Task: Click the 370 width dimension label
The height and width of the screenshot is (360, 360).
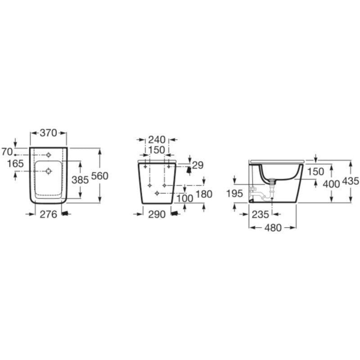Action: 48,133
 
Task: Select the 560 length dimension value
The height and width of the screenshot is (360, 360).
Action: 99,176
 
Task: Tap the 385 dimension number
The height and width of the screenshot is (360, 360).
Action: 80,180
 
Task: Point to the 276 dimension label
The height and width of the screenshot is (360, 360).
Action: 49,215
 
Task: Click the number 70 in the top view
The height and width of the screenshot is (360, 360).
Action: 7,152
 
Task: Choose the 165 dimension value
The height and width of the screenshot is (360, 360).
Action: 15,164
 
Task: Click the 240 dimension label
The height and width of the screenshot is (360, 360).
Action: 157,139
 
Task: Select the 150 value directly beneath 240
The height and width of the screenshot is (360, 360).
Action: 157,150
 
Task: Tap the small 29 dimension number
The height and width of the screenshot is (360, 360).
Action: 198,165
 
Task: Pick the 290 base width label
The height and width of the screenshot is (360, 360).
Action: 157,215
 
